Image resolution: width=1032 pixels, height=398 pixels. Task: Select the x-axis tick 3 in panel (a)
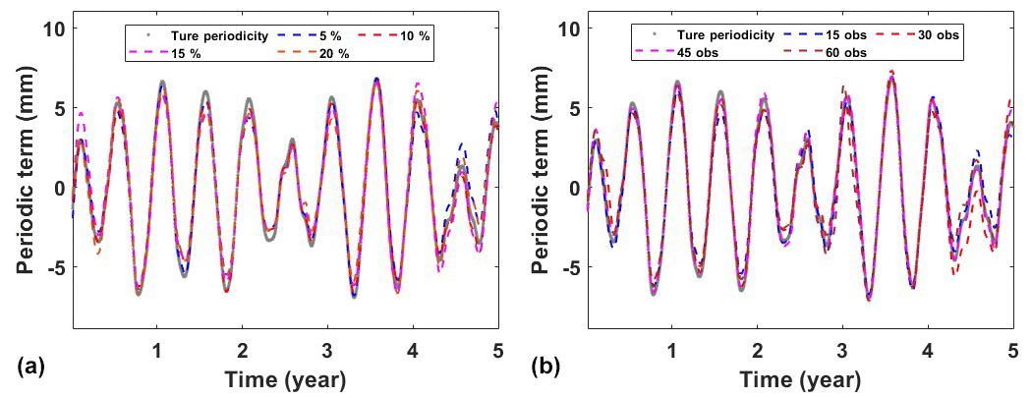coord(327,351)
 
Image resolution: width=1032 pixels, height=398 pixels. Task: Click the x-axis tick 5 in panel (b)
coord(1012,351)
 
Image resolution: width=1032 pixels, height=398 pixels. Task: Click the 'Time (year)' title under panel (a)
coord(285,378)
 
